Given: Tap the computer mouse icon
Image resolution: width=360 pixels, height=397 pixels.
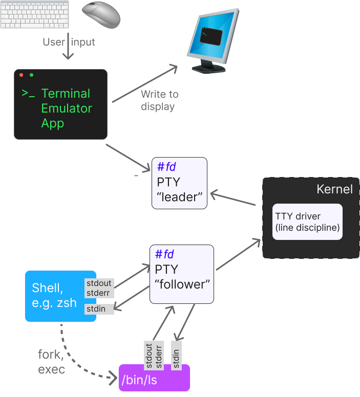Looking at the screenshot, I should (101, 14).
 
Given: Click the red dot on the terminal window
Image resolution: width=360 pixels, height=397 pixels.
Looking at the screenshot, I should (22, 75).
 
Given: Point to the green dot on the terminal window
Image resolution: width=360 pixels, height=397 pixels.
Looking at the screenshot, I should (32, 75).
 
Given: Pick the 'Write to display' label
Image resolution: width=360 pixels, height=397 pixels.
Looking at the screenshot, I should (159, 100).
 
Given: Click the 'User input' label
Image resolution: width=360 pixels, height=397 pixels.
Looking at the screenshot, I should (69, 42).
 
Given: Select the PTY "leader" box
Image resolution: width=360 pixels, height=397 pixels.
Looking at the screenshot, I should (179, 183).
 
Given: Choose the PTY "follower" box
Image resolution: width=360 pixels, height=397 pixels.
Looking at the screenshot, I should (181, 274).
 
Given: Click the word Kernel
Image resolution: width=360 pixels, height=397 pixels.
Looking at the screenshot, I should (334, 189).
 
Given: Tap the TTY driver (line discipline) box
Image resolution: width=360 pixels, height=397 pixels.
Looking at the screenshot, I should (307, 222).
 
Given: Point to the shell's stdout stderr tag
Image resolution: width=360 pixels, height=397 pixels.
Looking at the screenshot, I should (99, 288).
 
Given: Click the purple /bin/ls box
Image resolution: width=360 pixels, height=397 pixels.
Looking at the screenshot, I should (154, 378).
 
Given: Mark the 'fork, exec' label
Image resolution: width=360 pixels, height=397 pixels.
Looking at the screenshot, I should (52, 361).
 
